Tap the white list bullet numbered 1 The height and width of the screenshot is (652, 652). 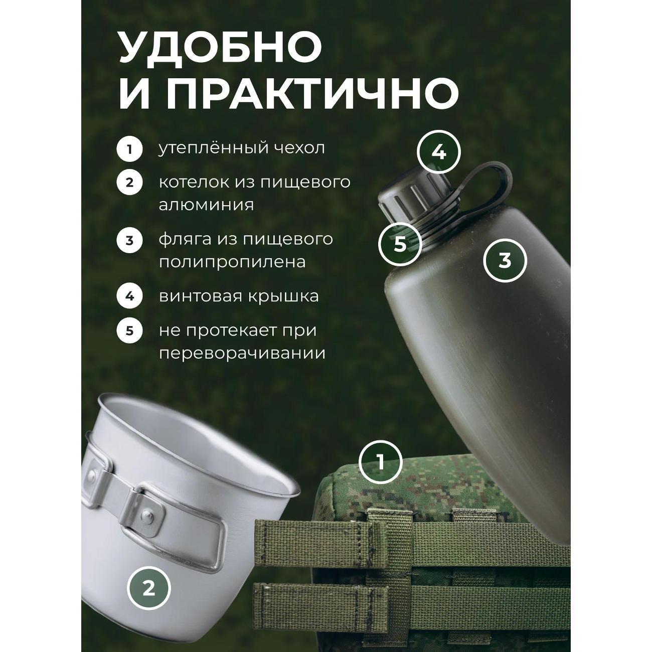click(x=130, y=149)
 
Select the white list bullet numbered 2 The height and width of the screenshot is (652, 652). click(x=130, y=182)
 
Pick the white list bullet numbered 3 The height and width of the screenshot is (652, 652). click(x=130, y=240)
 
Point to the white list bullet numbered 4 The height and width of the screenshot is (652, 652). click(x=130, y=296)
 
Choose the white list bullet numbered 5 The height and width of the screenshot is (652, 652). click(x=130, y=331)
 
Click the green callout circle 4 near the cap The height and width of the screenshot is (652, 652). click(x=439, y=152)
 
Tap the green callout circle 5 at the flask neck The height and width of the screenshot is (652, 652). click(x=400, y=245)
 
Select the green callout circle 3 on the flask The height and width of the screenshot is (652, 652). click(x=505, y=260)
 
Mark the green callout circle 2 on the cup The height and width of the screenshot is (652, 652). click(x=148, y=589)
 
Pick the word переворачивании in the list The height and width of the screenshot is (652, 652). click(x=242, y=353)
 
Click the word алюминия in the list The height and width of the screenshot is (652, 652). click(x=206, y=205)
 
